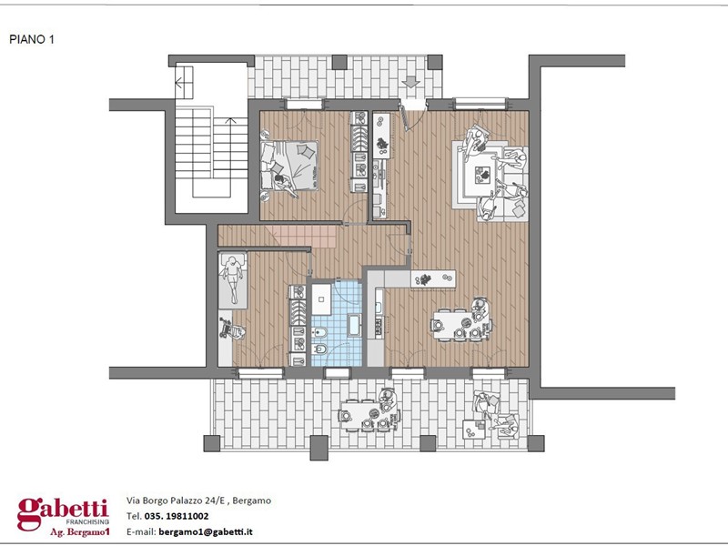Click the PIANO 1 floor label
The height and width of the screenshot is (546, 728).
(x=32, y=39)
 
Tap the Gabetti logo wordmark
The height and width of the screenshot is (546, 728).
(x=63, y=511)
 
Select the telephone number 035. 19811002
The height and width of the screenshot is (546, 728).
(x=177, y=516)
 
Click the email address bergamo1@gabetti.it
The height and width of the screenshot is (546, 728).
(x=206, y=531)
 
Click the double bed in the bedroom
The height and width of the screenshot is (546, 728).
(x=289, y=166)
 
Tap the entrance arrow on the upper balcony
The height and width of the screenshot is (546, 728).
(x=410, y=82)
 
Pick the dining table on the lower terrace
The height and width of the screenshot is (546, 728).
(x=366, y=415)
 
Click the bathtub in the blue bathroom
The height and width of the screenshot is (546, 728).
(x=354, y=325)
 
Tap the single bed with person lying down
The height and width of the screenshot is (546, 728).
(x=233, y=280)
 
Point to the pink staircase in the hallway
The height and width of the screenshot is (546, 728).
(x=304, y=237)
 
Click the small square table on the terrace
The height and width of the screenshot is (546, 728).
(x=474, y=430)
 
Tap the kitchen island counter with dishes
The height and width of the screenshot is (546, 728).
(x=433, y=279)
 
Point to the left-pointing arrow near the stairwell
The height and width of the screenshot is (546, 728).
(x=184, y=83)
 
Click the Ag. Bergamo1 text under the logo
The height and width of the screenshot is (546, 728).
(x=80, y=532)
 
